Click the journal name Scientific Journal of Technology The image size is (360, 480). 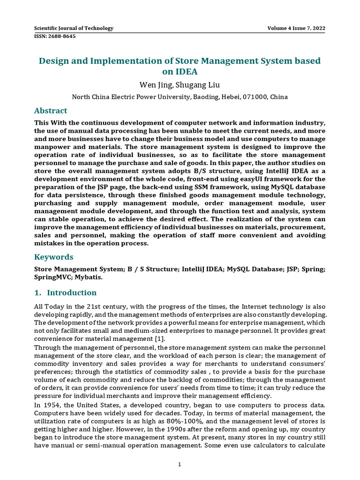point(74,28)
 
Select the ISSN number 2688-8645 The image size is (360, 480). point(55,36)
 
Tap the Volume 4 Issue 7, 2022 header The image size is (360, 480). point(296,28)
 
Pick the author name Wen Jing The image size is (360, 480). point(155,85)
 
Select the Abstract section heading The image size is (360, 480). point(51,111)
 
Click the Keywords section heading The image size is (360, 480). point(54,257)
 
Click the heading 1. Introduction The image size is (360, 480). point(65,292)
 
